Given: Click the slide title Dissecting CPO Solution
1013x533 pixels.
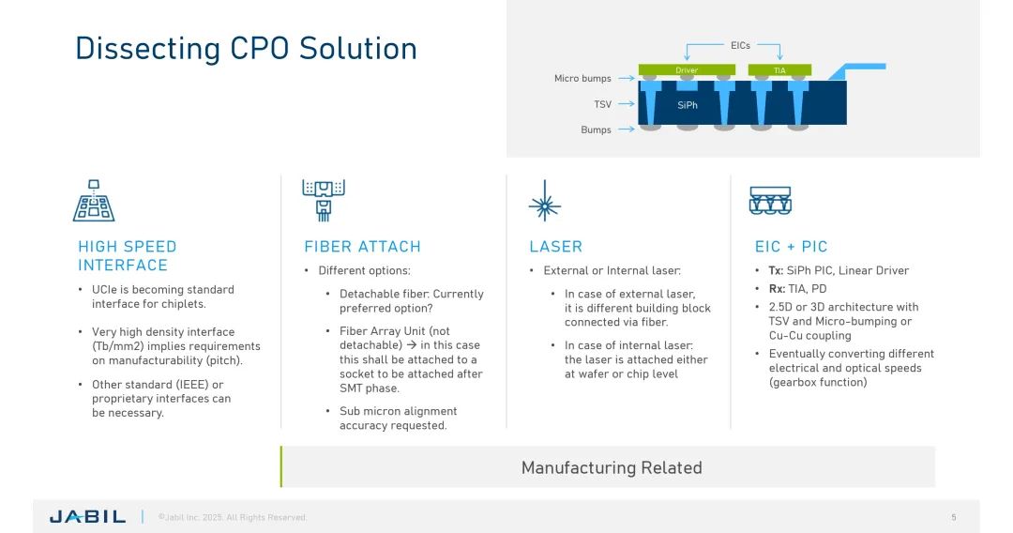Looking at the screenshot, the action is [x=246, y=48].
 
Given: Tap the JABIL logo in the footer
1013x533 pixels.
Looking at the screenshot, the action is [x=87, y=517].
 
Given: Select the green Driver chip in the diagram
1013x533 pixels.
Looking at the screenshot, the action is [x=687, y=70].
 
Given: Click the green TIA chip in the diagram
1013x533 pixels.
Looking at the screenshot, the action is [x=779, y=70].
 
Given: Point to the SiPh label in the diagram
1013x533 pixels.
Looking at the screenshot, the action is [x=688, y=105].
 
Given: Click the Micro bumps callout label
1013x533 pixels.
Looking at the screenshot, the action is [x=582, y=79].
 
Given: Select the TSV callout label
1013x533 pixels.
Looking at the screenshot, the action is [x=602, y=104].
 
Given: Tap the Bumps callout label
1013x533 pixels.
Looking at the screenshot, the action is [x=596, y=129].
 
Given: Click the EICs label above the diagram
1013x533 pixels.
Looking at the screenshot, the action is [x=740, y=45].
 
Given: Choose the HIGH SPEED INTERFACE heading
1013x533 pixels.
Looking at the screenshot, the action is [x=127, y=255].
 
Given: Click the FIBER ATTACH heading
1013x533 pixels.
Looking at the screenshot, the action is [x=362, y=247].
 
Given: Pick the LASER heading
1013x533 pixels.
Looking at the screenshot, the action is [x=555, y=247].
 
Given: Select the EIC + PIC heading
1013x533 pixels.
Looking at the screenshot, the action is [x=791, y=247].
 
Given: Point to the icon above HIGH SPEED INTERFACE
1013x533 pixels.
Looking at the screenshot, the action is [x=94, y=201].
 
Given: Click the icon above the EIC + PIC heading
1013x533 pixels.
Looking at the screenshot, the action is [x=770, y=201].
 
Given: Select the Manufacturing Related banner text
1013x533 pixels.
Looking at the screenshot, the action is [x=612, y=467].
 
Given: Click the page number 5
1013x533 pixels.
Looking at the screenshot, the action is [x=954, y=517].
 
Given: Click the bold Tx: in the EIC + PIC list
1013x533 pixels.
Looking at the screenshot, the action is [x=776, y=270].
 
